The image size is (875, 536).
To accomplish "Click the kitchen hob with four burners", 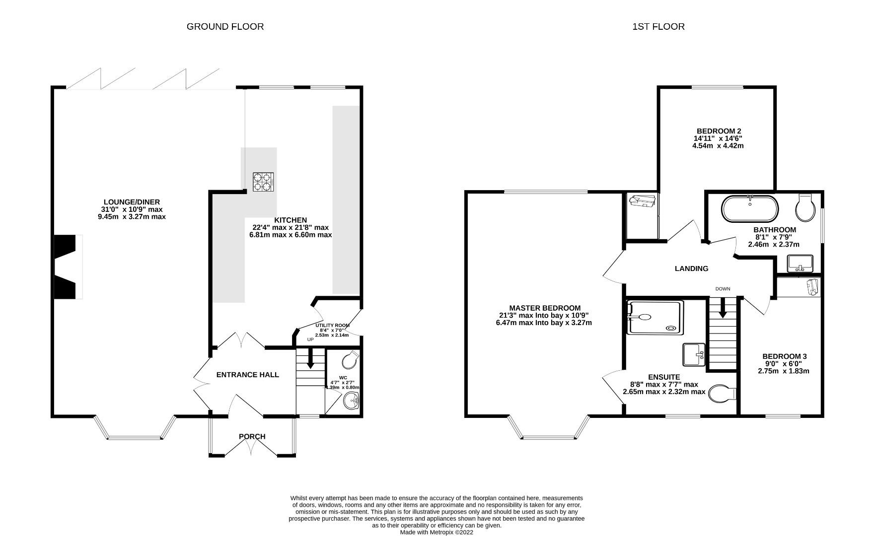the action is pos(264,182).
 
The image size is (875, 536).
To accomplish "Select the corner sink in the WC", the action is pos(352,400).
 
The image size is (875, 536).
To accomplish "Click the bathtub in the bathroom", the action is pos(750,209).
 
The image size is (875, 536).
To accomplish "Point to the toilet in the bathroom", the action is pos(805,208).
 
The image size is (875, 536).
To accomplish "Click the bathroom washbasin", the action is pos(800,263).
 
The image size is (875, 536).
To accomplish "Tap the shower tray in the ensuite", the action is pos(654,317).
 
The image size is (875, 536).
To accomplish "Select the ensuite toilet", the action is pos(722,394).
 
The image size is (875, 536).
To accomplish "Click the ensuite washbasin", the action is pos(694,354).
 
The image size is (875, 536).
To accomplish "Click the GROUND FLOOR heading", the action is pos(225,27).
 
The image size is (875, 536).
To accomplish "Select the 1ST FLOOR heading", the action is pos(658,27).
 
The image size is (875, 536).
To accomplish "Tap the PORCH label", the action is pos(252,437).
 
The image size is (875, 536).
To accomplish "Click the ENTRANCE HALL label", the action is pos(248,375).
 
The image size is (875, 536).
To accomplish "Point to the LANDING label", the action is pos(691,268).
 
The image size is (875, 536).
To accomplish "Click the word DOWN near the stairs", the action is pos(723,289).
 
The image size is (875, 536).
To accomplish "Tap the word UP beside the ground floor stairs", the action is pos(310,339).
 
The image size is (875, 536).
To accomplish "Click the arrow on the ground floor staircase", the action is pos(310,358).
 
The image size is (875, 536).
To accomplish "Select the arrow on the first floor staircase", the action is pos(723,307).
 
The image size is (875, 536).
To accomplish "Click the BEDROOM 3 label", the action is pos(785,356).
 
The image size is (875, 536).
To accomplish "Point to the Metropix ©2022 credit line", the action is pos(437,532).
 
